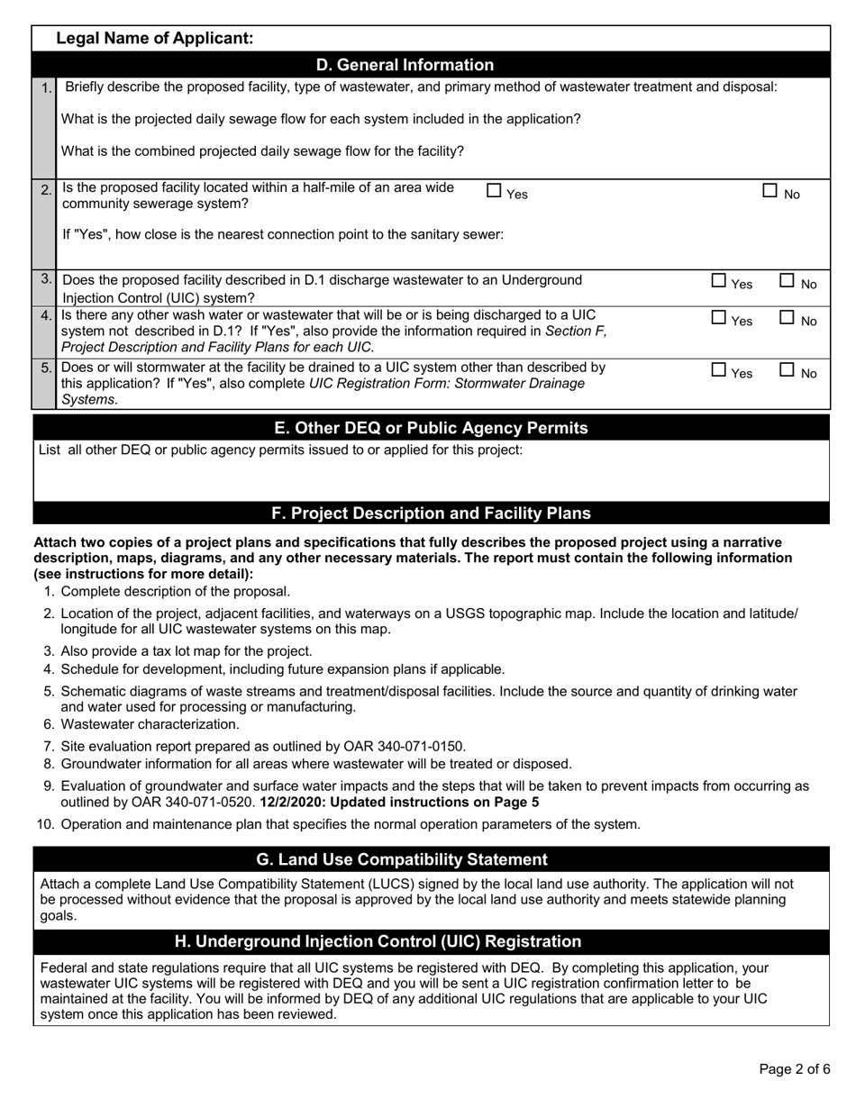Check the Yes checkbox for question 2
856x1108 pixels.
(494, 190)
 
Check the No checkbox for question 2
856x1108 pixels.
(770, 190)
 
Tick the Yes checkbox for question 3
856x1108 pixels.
(718, 281)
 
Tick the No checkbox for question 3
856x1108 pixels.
(787, 281)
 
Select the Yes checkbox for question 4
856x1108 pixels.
(718, 317)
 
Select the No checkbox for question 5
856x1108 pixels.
(787, 369)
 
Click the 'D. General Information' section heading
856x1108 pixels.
(405, 65)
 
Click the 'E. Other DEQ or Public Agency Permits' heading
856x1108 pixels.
(431, 428)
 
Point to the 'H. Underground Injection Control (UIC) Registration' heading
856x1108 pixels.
(378, 941)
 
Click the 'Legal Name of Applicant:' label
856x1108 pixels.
(154, 38)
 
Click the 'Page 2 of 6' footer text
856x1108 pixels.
(794, 1070)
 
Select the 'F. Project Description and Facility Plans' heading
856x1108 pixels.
(431, 513)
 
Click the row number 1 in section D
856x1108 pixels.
(45, 88)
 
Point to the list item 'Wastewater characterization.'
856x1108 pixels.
(150, 724)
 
